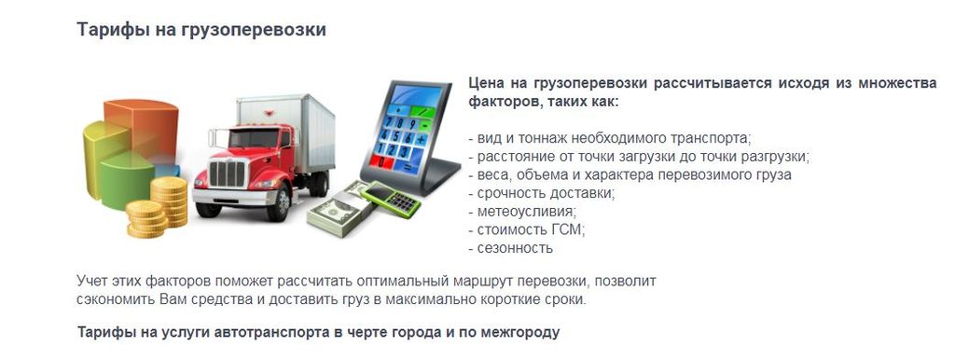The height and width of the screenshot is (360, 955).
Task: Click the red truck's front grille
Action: pos(227,172)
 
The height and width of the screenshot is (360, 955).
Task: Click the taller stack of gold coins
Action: pos(170,206)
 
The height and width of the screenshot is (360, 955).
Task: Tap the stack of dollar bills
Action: pos(336,210)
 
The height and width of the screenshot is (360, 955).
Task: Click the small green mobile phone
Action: pos(392,199)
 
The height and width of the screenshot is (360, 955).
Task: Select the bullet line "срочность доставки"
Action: pos(542,193)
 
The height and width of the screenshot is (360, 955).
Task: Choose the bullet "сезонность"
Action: pos(512,248)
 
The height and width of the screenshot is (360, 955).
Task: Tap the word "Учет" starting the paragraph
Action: pos(92,281)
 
